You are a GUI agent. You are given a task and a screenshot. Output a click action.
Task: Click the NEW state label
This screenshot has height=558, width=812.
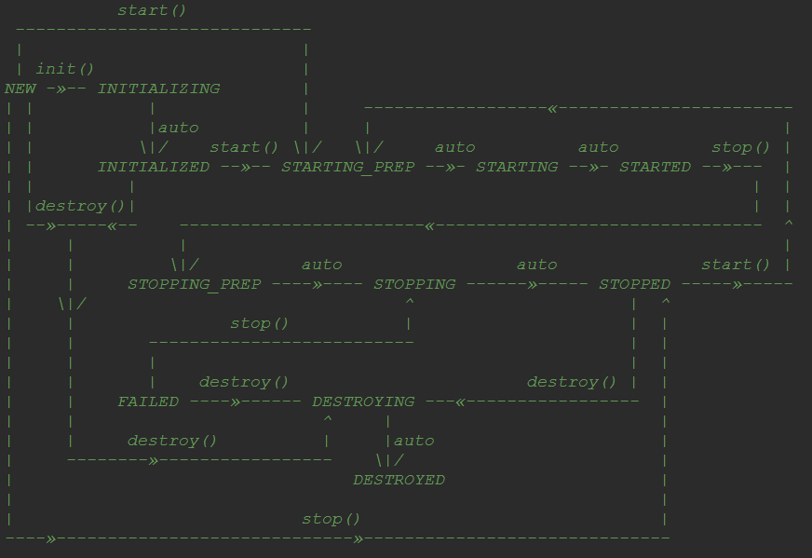coord(20,88)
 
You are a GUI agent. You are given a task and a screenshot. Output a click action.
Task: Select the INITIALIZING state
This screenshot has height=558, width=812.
coord(158,88)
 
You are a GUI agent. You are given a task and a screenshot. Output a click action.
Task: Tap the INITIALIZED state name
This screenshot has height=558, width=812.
coord(154,167)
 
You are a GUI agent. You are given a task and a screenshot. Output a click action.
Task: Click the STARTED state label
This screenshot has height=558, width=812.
coord(655,167)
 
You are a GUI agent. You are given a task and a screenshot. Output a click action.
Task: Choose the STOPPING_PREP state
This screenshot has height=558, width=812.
coord(194,284)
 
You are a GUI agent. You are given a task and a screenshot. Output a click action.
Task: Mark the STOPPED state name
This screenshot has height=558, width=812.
coord(634,284)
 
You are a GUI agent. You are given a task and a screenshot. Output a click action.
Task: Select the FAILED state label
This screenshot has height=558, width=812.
coord(148,401)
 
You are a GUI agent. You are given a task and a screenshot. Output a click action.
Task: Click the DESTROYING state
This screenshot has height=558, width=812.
coord(363,401)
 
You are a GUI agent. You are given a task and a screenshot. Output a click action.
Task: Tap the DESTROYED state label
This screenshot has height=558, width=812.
coord(399,480)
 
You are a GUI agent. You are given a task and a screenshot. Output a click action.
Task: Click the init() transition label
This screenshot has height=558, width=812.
coord(65,69)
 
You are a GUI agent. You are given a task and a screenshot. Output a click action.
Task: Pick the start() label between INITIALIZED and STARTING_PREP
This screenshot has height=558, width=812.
coord(244,147)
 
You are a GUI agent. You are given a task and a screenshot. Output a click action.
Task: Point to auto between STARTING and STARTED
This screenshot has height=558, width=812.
coord(598,147)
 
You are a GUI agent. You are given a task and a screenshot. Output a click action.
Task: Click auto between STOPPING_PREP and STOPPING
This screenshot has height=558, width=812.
coord(321,265)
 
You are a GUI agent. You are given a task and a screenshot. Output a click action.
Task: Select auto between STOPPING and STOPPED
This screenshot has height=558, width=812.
coord(536,265)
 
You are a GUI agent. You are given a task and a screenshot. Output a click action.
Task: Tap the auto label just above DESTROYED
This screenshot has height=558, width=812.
coord(413,441)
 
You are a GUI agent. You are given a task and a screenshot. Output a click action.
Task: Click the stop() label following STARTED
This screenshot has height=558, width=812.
coord(741,147)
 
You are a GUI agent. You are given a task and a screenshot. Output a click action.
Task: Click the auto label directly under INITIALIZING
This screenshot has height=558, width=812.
coord(178,128)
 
